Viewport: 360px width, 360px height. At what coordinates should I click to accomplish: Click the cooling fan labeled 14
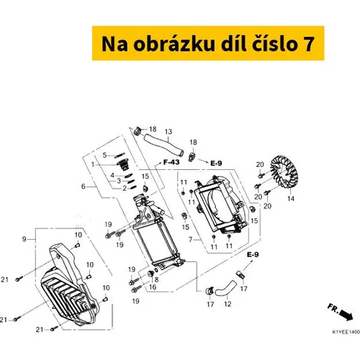pyautogui.click(x=284, y=172)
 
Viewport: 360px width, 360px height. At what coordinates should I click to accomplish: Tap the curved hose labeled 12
pyautogui.click(x=225, y=288)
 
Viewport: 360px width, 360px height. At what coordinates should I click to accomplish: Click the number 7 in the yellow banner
pyautogui.click(x=307, y=44)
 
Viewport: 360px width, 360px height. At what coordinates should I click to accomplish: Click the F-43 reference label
pyautogui.click(x=171, y=162)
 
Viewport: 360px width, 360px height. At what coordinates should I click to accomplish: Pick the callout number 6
pyautogui.click(x=84, y=186)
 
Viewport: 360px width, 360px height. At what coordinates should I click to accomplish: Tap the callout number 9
pyautogui.click(x=24, y=239)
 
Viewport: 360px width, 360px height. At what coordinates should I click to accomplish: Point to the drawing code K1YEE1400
pyautogui.click(x=346, y=332)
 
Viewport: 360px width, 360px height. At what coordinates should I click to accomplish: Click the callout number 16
pyautogui.click(x=153, y=287)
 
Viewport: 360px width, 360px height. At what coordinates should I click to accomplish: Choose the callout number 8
pyautogui.click(x=156, y=279)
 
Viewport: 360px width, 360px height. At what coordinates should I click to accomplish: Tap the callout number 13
pyautogui.click(x=168, y=132)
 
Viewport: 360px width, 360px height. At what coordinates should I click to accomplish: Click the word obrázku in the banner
pyautogui.click(x=174, y=44)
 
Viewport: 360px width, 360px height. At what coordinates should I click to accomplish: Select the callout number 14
pyautogui.click(x=291, y=199)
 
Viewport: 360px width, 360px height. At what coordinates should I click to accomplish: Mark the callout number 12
pyautogui.click(x=228, y=304)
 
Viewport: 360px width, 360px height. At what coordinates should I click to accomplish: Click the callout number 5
pyautogui.click(x=104, y=155)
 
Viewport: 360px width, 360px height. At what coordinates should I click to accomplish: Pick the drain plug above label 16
pyautogui.click(x=150, y=274)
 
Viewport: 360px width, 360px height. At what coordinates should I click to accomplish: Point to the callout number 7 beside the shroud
pyautogui.click(x=190, y=239)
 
